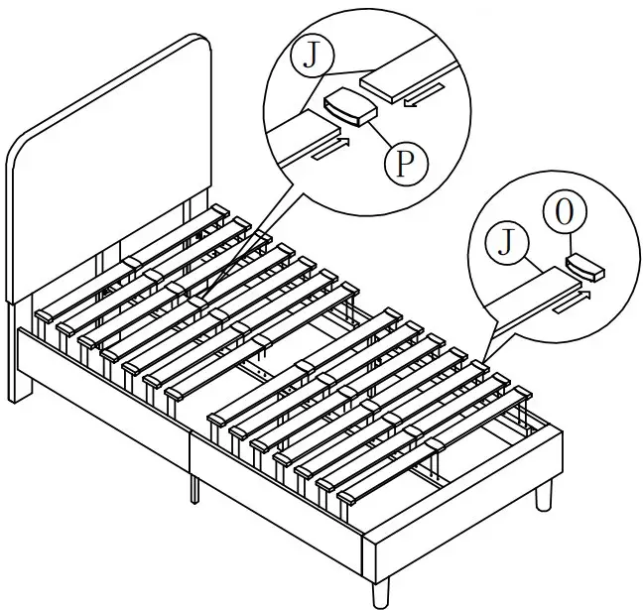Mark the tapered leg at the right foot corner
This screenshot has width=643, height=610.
544,494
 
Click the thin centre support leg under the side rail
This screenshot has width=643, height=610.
193,485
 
